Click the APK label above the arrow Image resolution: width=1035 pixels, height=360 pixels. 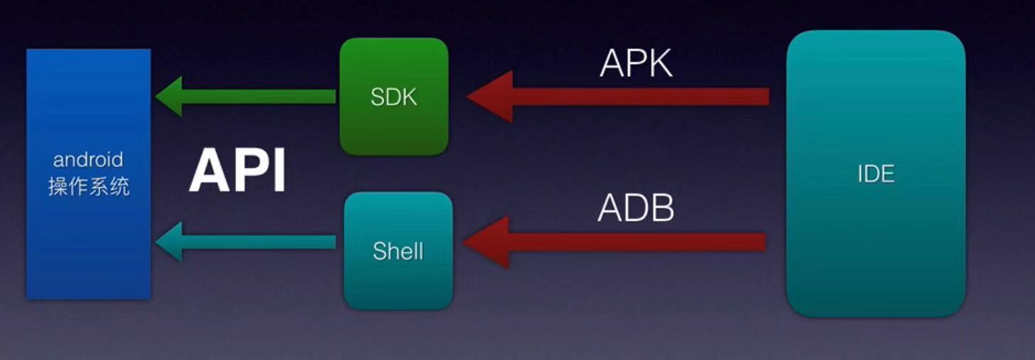click(x=635, y=64)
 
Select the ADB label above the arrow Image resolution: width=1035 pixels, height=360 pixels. click(x=635, y=208)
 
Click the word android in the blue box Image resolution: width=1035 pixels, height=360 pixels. click(x=88, y=159)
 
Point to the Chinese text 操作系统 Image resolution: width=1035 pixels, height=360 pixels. click(x=88, y=187)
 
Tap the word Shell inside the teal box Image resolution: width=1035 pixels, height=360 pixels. click(x=398, y=250)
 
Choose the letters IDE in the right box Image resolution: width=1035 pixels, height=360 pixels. click(x=876, y=174)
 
